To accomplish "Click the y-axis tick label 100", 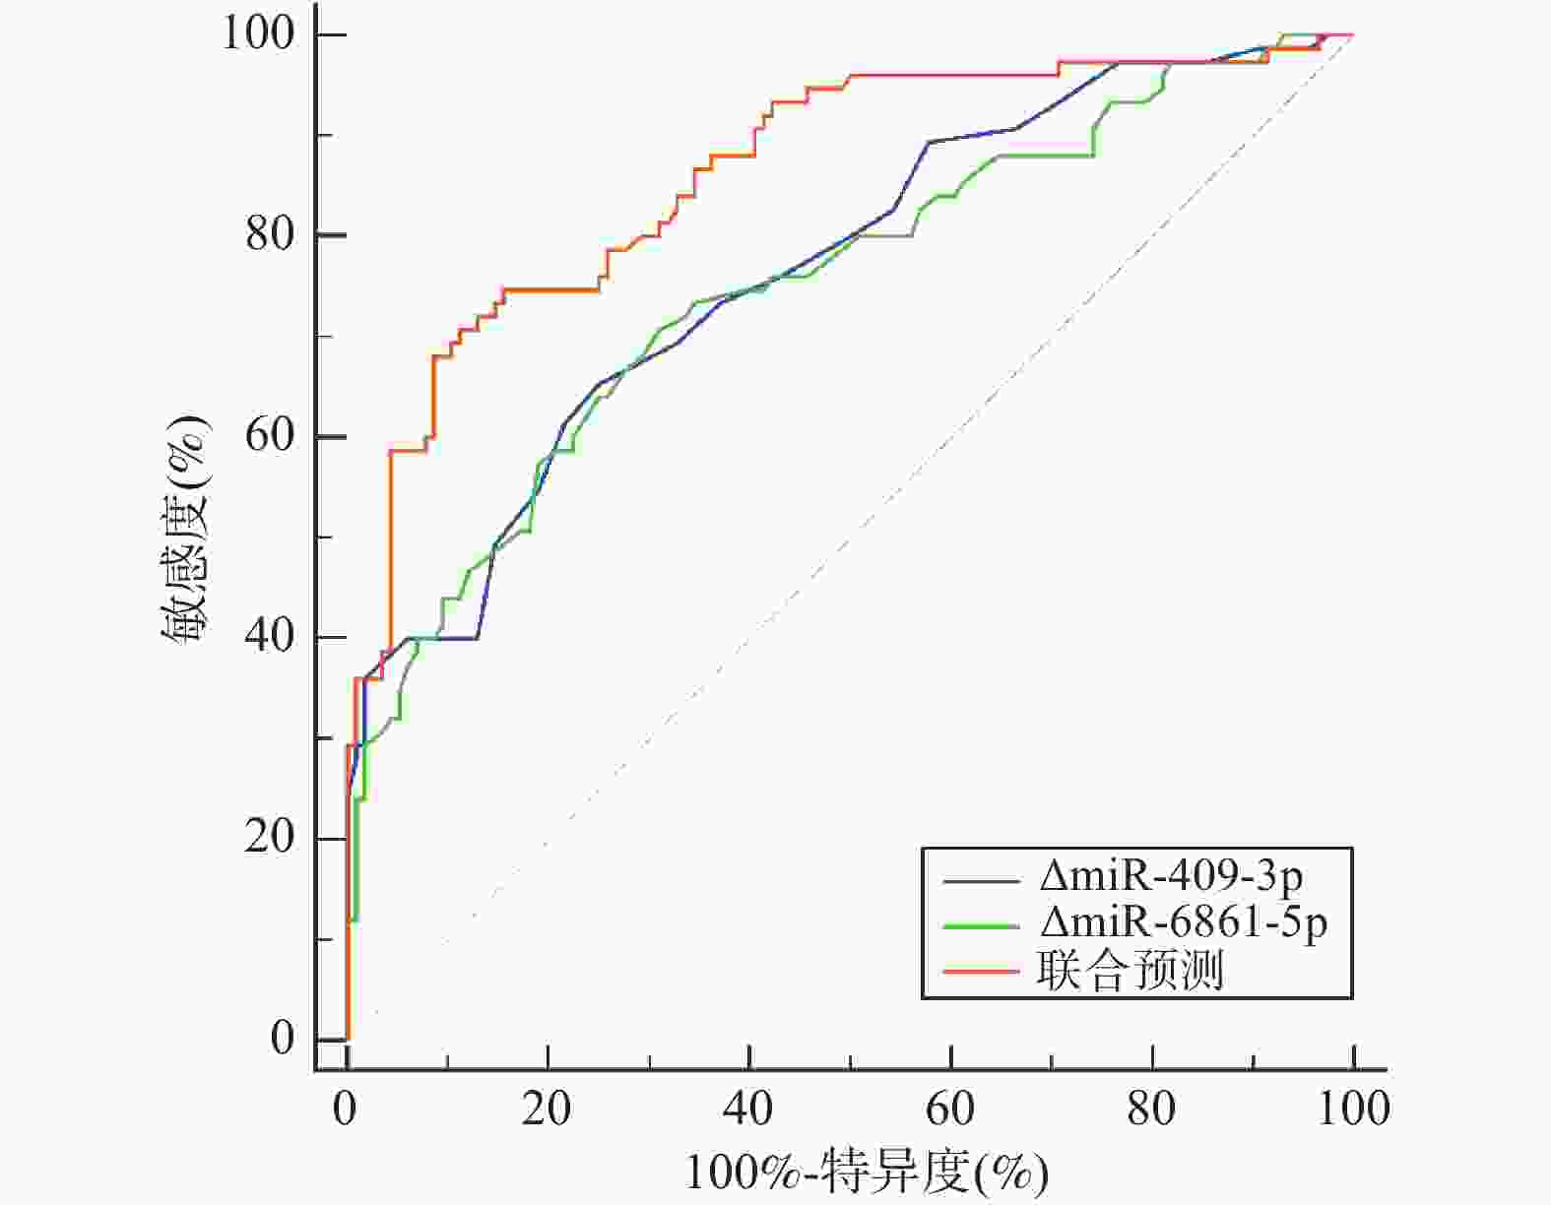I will pos(258,33).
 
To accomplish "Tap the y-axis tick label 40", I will pos(270,636).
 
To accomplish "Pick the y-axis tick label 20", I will pos(270,837).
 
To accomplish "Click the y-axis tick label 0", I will pos(283,1038).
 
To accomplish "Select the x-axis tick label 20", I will pos(547,1110).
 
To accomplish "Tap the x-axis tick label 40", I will pos(748,1110).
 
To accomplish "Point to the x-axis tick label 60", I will pos(950,1110).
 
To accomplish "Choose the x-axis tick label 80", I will pos(1151,1110).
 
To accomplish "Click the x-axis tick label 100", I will pos(1353,1110).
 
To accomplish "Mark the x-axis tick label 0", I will pos(345,1110).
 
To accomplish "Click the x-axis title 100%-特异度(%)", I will pos(866,1173).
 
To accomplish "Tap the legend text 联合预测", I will pos(1130,971).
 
